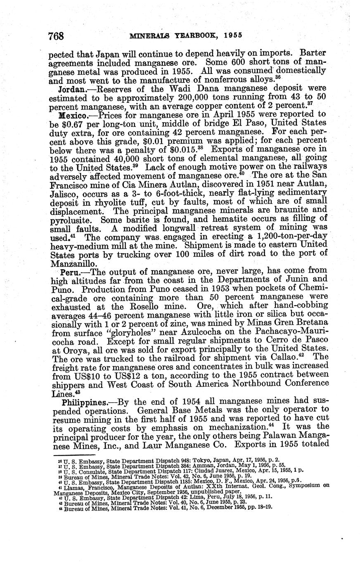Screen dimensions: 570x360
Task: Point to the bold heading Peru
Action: click(70, 273)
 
